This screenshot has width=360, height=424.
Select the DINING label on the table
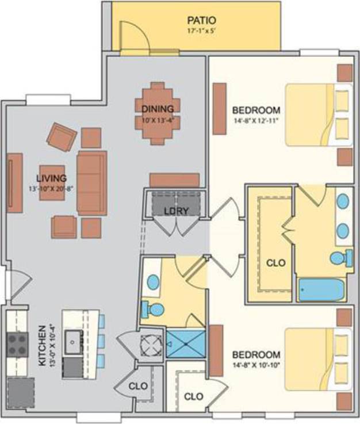click(x=157, y=109)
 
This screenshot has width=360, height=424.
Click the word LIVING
click(x=51, y=178)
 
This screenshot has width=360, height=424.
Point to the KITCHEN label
click(x=42, y=345)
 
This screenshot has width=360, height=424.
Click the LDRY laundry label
click(x=176, y=211)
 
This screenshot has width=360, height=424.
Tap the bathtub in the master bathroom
click(x=321, y=289)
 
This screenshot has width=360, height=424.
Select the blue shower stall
click(x=185, y=343)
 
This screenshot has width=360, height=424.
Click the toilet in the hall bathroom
click(x=152, y=309)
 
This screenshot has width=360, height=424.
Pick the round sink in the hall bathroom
click(x=154, y=282)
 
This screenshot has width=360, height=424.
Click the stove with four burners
click(x=17, y=345)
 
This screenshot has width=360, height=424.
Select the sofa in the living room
click(x=92, y=183)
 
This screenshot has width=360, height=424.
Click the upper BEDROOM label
click(x=256, y=110)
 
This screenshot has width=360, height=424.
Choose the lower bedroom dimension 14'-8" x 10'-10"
click(x=256, y=365)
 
